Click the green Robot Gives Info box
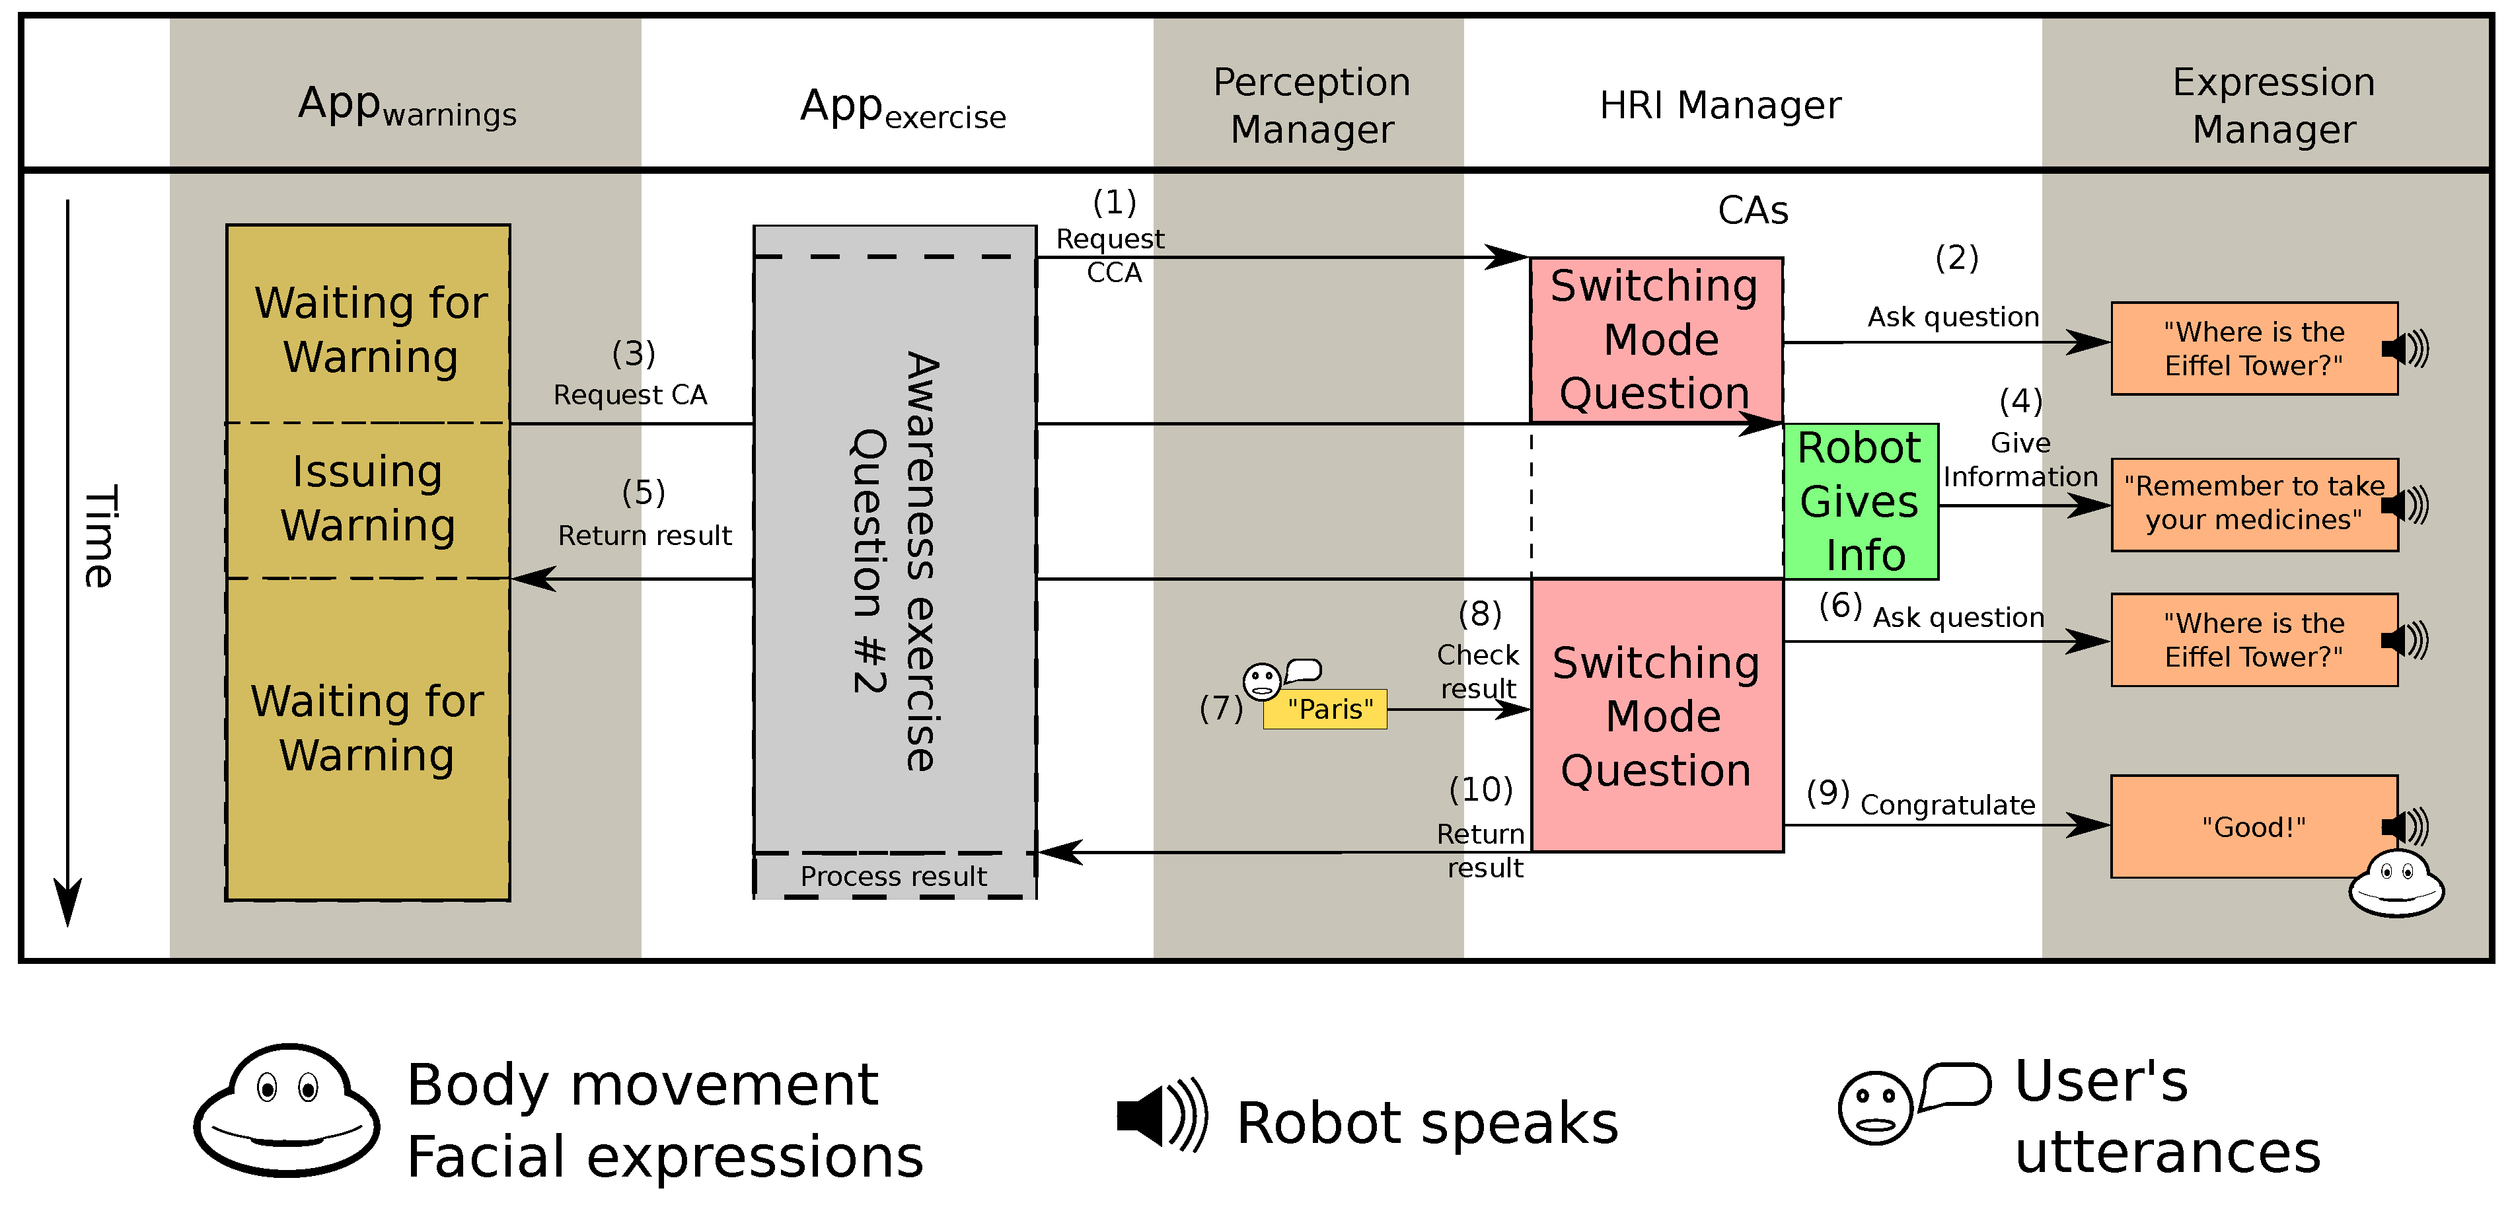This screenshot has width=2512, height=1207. click(x=1860, y=501)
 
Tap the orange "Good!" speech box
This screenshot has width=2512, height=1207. click(x=2252, y=826)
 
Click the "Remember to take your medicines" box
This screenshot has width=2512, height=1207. click(x=2252, y=504)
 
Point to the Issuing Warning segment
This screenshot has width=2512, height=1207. click(x=367, y=499)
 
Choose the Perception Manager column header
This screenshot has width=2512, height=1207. click(x=1311, y=104)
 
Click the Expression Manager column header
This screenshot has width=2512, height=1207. click(x=2273, y=104)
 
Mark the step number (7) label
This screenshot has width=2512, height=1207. click(x=1221, y=708)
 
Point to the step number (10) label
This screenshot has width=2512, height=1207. click(x=1480, y=789)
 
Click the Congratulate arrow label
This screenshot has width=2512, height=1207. click(x=1947, y=805)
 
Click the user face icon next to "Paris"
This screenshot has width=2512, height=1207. click(x=1262, y=680)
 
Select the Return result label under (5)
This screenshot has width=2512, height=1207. click(x=645, y=535)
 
